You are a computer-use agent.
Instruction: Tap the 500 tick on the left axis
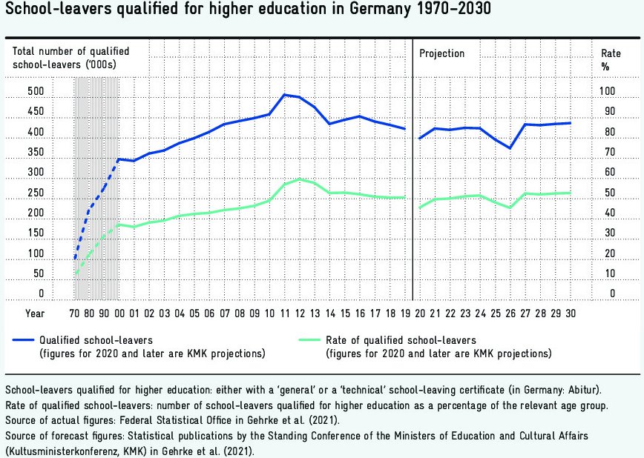(16, 92)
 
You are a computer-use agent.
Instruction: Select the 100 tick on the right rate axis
(608, 92)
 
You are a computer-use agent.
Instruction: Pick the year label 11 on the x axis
(284, 313)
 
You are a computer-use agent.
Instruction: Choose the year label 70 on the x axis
(74, 313)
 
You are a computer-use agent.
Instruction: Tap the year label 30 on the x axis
(571, 313)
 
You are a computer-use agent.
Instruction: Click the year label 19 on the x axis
(404, 313)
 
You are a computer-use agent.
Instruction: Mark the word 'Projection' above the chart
(442, 53)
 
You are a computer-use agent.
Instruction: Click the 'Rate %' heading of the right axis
(611, 59)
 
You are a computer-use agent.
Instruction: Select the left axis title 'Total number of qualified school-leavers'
(70, 58)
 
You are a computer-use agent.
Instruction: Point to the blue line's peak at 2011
(284, 95)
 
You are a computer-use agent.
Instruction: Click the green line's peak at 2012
(299, 179)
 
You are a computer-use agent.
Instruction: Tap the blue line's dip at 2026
(510, 148)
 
